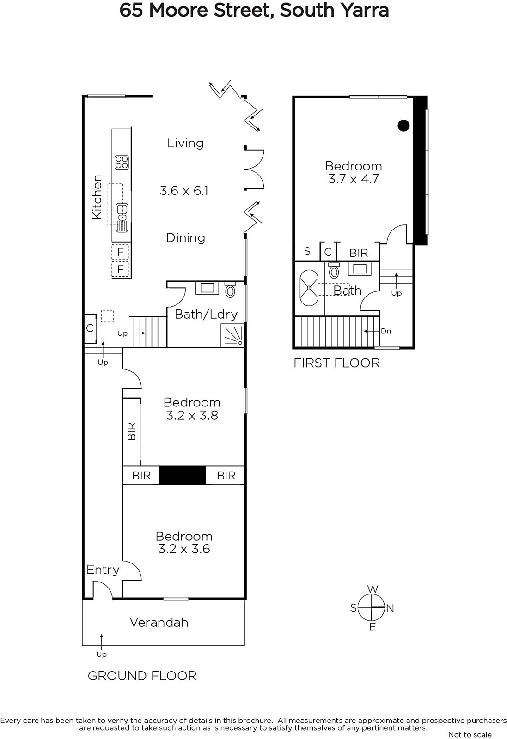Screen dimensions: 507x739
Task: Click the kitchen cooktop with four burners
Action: tap(122, 162)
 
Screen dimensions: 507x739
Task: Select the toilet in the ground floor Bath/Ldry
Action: tap(230, 290)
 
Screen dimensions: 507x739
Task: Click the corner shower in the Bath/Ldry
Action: tap(232, 335)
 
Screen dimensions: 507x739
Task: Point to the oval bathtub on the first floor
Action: tap(309, 288)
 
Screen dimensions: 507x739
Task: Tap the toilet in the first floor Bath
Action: tap(334, 271)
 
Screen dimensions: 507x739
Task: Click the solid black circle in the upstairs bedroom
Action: tap(403, 125)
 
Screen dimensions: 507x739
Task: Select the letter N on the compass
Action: tap(390, 608)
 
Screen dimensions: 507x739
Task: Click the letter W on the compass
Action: tap(373, 589)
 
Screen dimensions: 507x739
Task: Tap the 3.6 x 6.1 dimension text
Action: tap(184, 191)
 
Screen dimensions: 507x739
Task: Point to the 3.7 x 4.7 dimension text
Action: tap(354, 179)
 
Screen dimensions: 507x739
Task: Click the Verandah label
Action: tap(159, 622)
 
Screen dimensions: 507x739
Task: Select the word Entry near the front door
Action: tap(103, 570)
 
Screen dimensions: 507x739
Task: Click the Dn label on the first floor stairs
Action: tap(386, 331)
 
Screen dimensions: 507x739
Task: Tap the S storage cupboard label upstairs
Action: tap(307, 251)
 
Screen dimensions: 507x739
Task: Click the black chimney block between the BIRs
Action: tap(182, 475)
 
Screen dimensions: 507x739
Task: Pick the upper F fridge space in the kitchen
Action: tap(121, 252)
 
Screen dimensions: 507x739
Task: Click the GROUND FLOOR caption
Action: tap(142, 676)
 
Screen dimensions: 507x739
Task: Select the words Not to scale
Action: tap(470, 735)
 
